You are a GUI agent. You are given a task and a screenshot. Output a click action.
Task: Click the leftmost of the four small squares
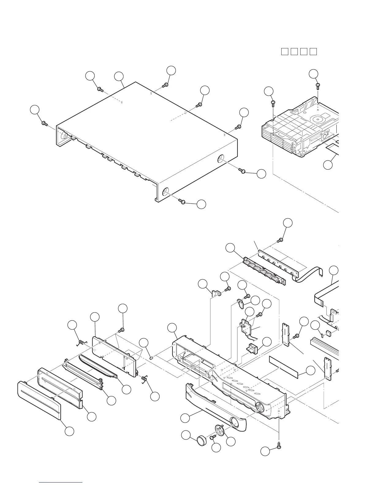point(284,51)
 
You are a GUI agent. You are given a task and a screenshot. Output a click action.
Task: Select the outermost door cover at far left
point(39,399)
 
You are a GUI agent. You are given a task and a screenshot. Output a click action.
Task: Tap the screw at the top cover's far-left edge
point(45,123)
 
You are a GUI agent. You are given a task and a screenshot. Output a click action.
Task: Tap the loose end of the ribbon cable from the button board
point(321,276)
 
